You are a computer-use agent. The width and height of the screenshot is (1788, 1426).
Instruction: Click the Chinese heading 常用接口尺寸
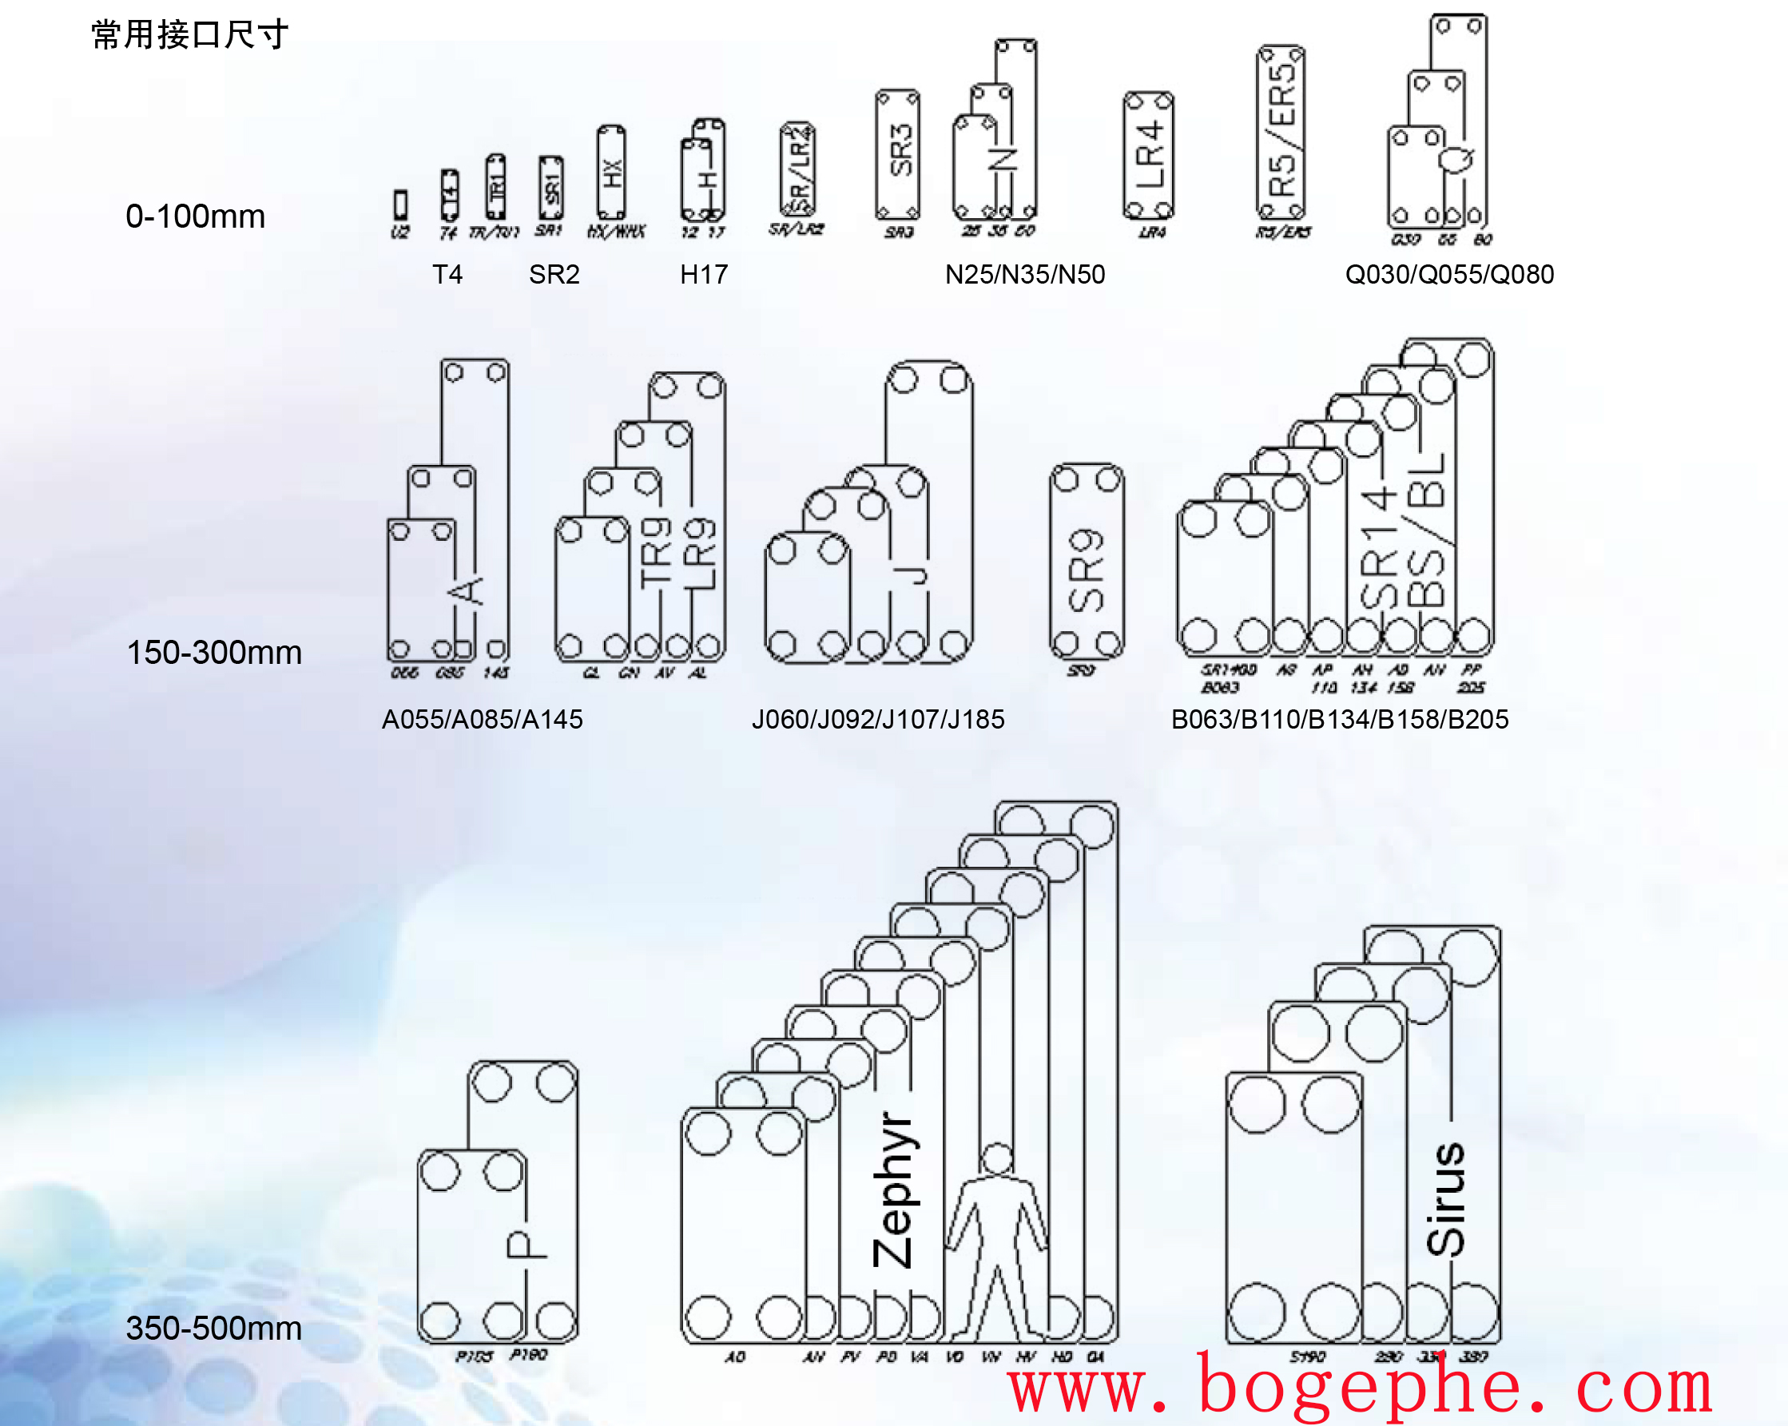[190, 35]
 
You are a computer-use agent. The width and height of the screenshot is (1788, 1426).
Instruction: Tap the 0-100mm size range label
[195, 216]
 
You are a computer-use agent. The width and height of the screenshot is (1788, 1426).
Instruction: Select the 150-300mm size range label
[213, 653]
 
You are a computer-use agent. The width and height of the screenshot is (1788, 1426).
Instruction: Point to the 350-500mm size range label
[213, 1329]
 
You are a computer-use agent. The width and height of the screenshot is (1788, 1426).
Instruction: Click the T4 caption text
[447, 275]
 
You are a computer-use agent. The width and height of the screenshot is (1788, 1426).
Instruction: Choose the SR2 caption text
[554, 275]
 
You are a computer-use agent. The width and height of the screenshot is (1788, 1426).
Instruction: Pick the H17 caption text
[703, 275]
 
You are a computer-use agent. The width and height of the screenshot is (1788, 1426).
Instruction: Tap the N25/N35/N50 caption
[1024, 275]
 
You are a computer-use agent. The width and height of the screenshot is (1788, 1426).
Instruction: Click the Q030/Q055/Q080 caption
[1448, 275]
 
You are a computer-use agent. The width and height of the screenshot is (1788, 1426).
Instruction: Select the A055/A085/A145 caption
[482, 719]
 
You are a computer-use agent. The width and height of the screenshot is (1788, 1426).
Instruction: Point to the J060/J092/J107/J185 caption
[877, 719]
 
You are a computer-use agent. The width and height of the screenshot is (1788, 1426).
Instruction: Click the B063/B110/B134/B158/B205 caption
[1339, 719]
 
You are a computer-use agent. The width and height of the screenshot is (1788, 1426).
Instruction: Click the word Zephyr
[894, 1190]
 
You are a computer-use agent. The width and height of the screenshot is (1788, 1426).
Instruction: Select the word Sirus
[1445, 1199]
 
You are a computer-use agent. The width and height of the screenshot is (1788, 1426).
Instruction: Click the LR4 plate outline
[1148, 155]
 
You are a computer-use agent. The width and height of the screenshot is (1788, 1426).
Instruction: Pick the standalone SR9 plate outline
[1087, 562]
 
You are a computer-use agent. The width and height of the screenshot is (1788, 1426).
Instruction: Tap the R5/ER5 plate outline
[1281, 133]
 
